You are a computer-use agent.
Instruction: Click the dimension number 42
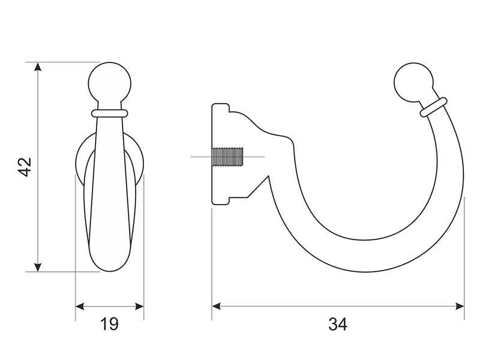point(25,167)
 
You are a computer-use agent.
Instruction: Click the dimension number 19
point(109,324)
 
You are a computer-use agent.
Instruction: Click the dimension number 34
point(338,324)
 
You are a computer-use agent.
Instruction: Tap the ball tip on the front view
point(110,83)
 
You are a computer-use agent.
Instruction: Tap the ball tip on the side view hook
point(413,83)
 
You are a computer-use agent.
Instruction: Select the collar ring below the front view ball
point(109,113)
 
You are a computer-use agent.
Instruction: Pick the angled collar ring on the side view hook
point(433,107)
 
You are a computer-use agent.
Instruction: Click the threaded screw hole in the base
point(228,157)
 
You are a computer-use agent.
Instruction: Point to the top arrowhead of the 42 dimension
point(38,67)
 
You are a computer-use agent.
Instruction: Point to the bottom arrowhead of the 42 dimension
point(38,267)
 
